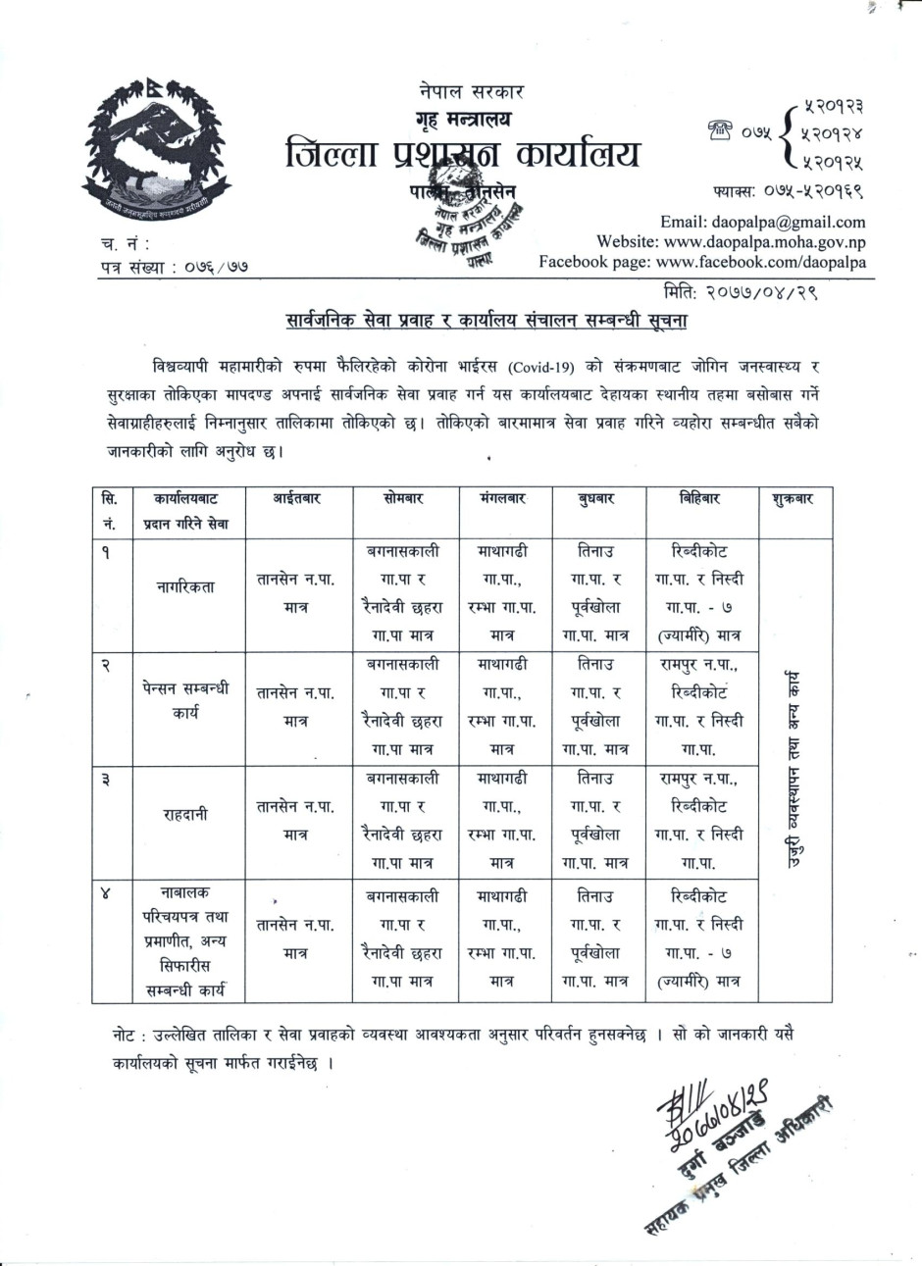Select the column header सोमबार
(403, 499)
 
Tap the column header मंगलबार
(503, 499)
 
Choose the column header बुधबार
(596, 499)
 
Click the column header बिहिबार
(699, 499)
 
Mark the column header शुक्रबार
(793, 499)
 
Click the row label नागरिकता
(184, 587)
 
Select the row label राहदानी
(184, 814)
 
